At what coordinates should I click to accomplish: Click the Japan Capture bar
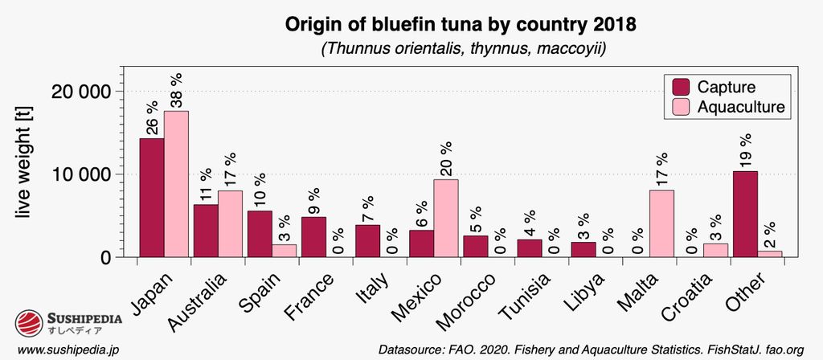point(152,198)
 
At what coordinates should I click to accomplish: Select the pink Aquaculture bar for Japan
point(176,184)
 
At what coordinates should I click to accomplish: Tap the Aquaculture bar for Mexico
point(445,218)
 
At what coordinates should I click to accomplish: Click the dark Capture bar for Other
point(744,214)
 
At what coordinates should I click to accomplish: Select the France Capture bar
point(313,237)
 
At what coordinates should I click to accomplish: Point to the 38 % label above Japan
point(176,90)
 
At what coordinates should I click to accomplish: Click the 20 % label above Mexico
point(445,158)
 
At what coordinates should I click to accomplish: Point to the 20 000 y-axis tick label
point(80,91)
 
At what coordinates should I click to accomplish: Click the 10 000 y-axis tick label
point(80,174)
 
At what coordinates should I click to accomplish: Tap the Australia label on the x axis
point(197,302)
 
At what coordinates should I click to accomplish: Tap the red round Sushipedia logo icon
point(30,323)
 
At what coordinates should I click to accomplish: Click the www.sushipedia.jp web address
point(68,350)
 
